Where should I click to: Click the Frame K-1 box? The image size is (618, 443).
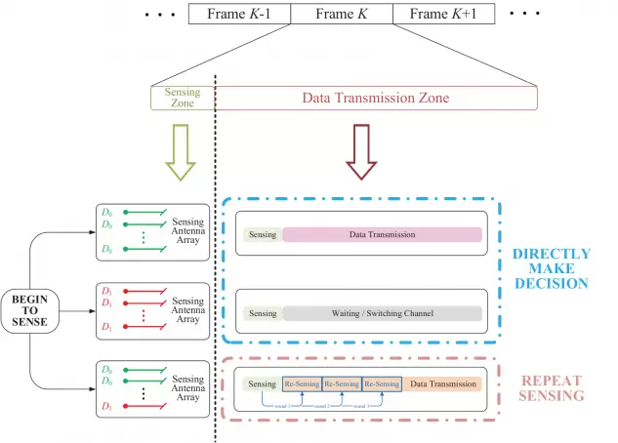coord(239,14)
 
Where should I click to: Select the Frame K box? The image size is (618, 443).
coord(342,14)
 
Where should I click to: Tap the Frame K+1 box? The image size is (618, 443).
coord(443,14)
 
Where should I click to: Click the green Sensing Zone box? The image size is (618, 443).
coord(182,98)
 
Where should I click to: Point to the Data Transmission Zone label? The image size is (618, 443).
coord(375,98)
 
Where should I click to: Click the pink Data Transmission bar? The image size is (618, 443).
coord(382,235)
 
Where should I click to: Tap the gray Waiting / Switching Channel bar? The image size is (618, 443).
coord(382,313)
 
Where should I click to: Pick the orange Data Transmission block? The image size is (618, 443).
coord(443,384)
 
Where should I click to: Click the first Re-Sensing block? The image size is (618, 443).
coord(302,384)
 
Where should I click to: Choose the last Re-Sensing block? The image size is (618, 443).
coord(381,384)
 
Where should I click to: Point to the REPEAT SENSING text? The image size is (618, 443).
coord(553,387)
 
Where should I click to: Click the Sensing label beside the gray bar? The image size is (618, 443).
coord(263,313)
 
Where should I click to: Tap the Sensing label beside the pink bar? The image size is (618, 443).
coord(263,235)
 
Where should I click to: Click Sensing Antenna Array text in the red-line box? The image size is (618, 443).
coord(187,310)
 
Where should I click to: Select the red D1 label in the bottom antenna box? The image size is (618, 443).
coord(106,406)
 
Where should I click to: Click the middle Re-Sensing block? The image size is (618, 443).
coord(342,384)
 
